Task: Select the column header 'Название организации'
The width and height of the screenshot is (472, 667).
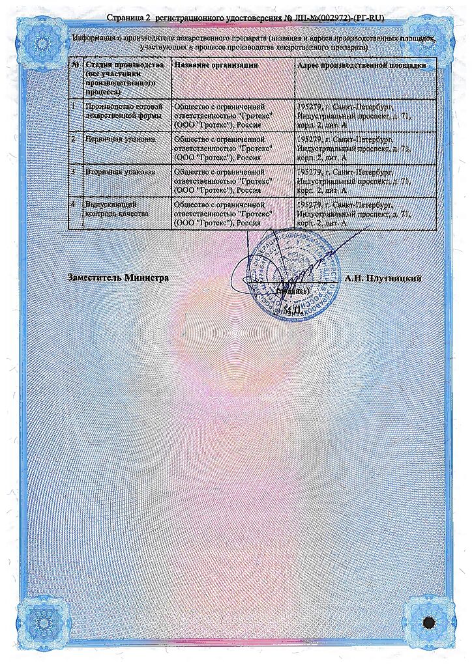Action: tap(216, 66)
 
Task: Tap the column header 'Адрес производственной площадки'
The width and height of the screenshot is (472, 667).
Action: tap(361, 66)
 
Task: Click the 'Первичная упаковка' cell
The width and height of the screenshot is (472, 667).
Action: tap(120, 139)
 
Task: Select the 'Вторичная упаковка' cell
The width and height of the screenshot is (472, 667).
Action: tap(120, 172)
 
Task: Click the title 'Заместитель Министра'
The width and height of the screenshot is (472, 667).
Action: tap(118, 278)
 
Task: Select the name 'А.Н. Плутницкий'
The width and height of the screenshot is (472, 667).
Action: tap(383, 278)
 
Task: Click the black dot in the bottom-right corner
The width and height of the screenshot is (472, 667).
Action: tap(428, 623)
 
